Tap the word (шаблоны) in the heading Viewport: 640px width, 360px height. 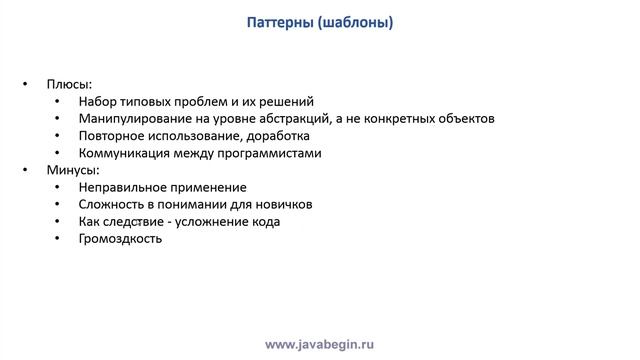point(357,22)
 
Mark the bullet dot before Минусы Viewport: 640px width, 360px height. point(26,170)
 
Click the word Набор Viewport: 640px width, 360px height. point(97,101)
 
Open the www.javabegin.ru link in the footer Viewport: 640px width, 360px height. point(319,344)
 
